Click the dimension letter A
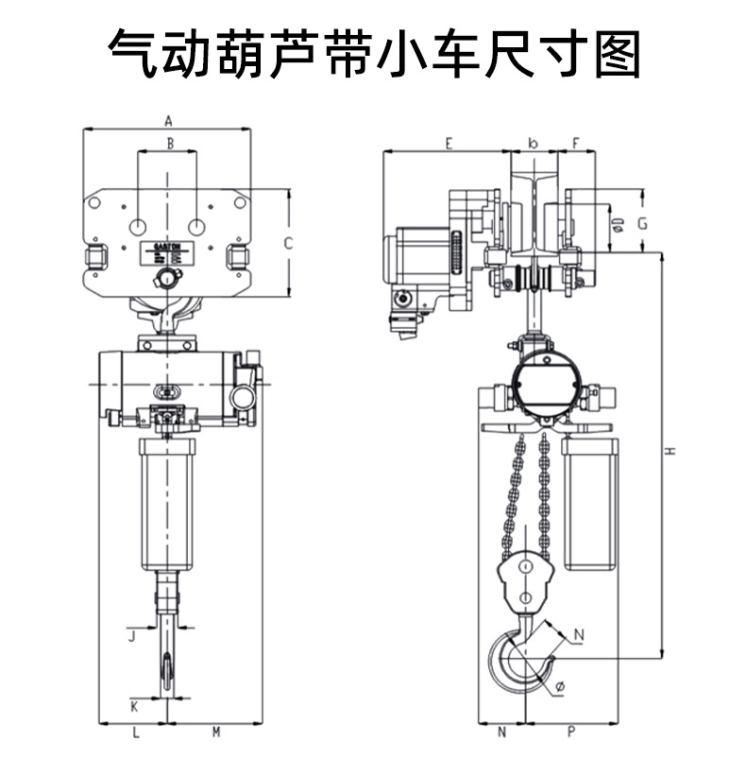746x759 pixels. (167, 121)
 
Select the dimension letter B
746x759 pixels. (170, 144)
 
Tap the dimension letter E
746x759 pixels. (449, 144)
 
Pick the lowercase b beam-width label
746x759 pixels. (534, 144)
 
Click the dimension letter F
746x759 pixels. (576, 144)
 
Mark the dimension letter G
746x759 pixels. (641, 223)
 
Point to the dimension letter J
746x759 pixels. (133, 635)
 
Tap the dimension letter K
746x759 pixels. (134, 705)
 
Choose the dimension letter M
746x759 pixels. (215, 732)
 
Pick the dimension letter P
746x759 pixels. (572, 732)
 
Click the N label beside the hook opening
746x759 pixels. (579, 634)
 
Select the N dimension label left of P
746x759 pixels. (501, 732)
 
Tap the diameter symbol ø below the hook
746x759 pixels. (560, 687)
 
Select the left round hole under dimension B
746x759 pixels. (138, 227)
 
